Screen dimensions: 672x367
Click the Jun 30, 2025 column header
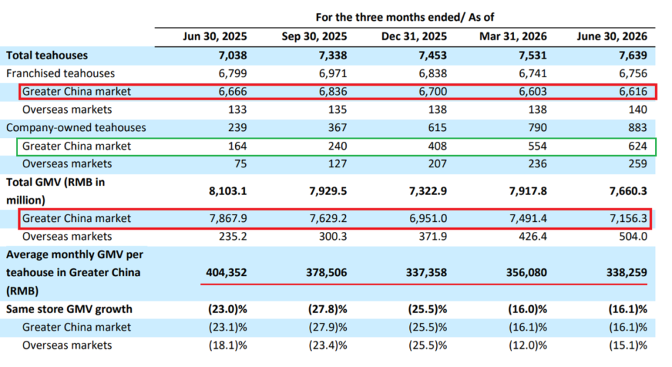pos(215,36)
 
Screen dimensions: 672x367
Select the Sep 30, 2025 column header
pos(314,36)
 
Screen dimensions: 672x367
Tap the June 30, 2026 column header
pos(612,36)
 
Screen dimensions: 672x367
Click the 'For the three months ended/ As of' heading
pos(405,17)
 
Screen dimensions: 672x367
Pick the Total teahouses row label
pos(47,55)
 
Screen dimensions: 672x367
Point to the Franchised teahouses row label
pos(60,73)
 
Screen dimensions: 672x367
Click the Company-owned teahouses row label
pos(76,128)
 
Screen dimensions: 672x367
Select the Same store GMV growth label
pos(69,309)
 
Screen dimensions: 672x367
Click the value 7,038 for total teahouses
pos(233,55)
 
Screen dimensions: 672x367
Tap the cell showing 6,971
pos(333,73)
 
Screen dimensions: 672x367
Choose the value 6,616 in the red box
pos(633,91)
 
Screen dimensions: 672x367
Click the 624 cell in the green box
pos(638,147)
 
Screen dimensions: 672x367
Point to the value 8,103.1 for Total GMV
pos(228,191)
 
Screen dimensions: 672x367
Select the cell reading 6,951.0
pos(427,218)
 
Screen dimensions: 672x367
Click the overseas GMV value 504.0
pos(633,236)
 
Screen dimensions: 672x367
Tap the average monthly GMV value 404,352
pos(226,273)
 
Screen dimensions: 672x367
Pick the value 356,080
pos(526,273)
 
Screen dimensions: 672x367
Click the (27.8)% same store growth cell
pos(327,309)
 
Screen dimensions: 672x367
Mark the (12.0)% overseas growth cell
pos(528,345)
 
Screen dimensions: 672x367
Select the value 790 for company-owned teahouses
pos(538,128)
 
